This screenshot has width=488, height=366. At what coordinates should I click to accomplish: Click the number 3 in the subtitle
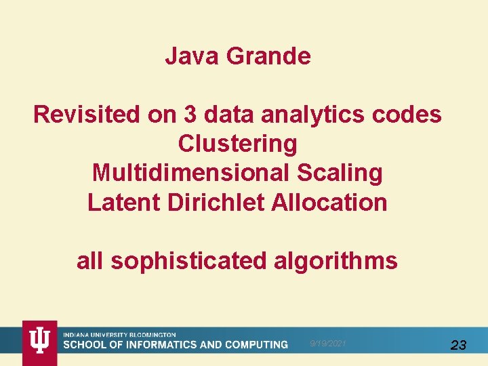click(190, 115)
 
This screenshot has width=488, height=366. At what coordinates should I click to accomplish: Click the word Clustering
click(237, 144)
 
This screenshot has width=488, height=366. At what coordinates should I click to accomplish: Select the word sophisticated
click(190, 260)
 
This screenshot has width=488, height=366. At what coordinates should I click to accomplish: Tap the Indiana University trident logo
click(40, 341)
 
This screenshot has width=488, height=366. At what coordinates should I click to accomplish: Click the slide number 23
click(458, 345)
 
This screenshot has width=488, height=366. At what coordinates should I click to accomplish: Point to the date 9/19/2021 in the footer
click(328, 344)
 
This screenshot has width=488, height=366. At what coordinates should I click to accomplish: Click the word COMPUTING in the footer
click(251, 345)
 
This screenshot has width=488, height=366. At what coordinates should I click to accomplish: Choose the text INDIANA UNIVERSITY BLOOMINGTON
click(119, 335)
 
